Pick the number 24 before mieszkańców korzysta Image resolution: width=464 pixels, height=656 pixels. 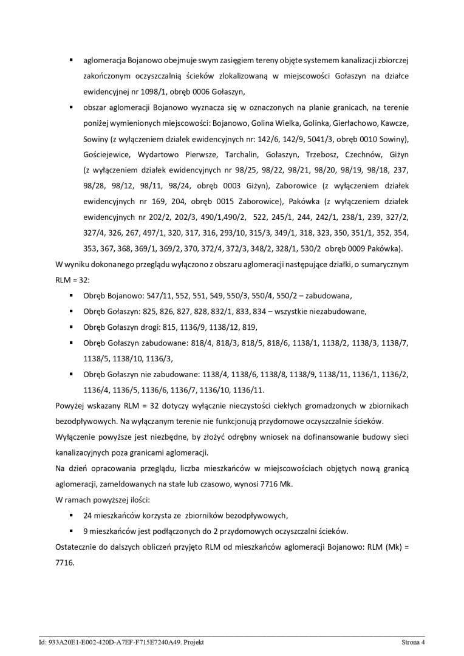tap(87, 516)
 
